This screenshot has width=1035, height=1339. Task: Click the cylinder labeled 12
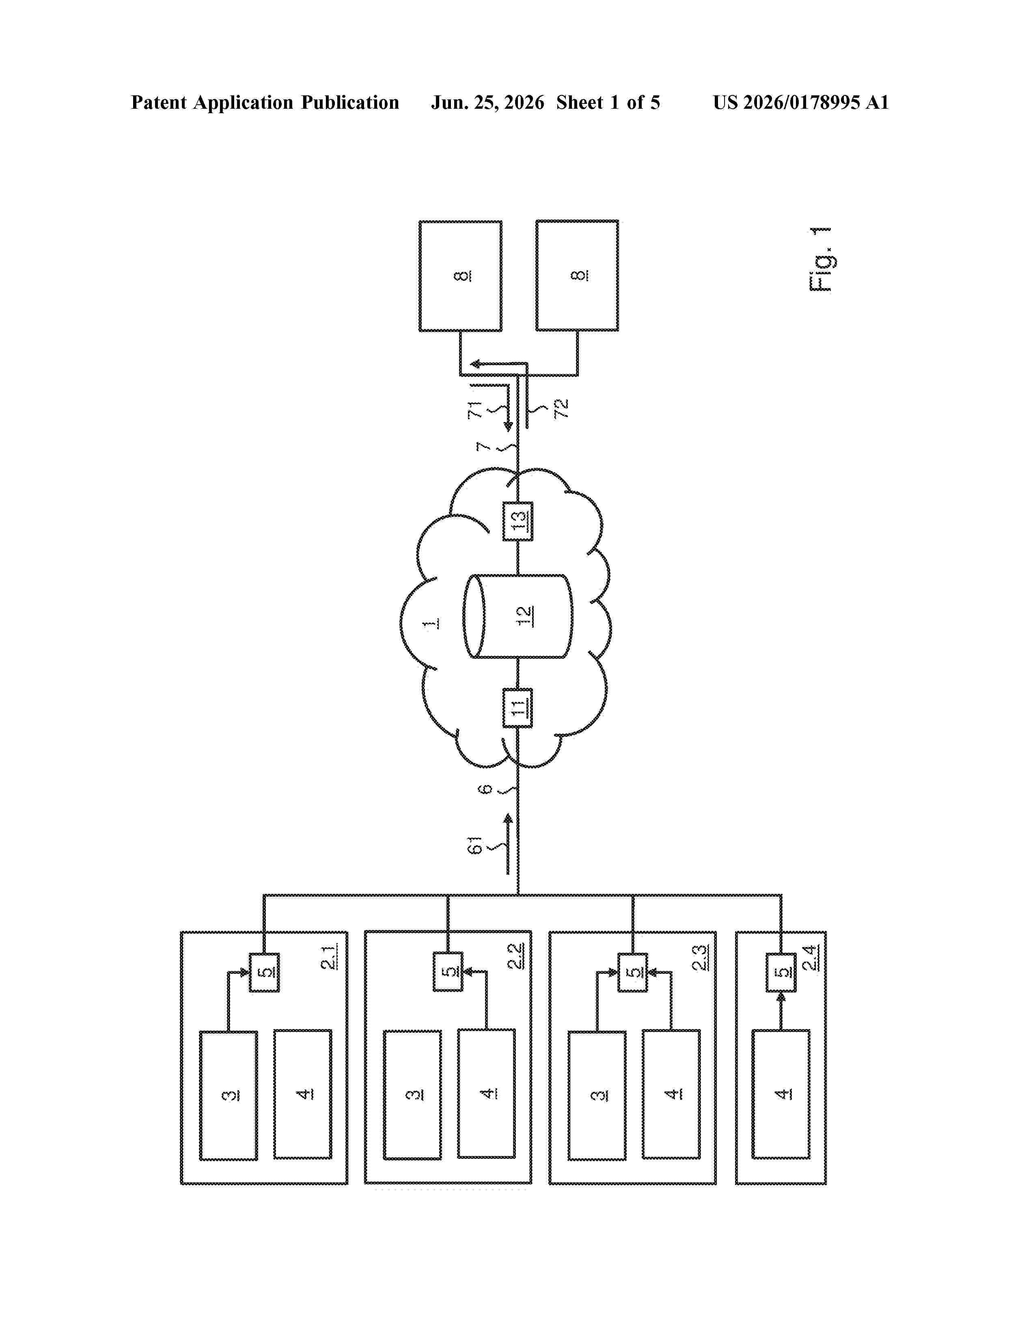[x=518, y=616]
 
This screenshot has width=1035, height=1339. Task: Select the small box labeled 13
[x=518, y=521]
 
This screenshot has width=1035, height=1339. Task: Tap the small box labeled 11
[x=518, y=708]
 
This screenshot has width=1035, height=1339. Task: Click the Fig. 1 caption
[x=820, y=259]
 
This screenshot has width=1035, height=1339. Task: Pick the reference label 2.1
[x=329, y=957]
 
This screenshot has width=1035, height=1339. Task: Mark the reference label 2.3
[x=700, y=957]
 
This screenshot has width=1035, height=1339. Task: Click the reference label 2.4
[x=810, y=958]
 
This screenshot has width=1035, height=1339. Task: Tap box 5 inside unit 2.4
[x=781, y=972]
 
